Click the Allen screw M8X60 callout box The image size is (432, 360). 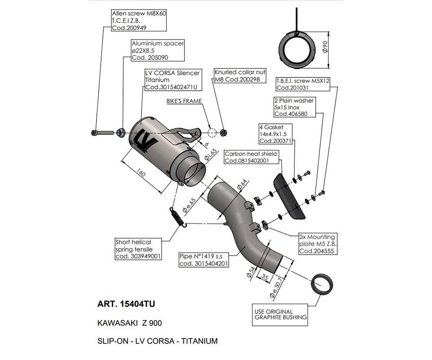pyautogui.click(x=139, y=21)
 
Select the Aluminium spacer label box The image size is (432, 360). pyautogui.click(x=158, y=50)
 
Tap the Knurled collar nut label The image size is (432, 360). pyautogui.click(x=237, y=76)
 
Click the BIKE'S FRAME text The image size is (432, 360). pyautogui.click(x=184, y=101)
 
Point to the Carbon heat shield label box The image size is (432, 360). pyautogui.click(x=251, y=157)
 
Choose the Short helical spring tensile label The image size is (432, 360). pyautogui.click(x=138, y=249)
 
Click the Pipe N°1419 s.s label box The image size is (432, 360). pyautogui.click(x=204, y=260)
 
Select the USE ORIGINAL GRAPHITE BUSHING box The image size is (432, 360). pyautogui.click(x=280, y=315)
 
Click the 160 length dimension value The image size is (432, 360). pyautogui.click(x=141, y=174)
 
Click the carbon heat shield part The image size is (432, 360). pyautogui.click(x=289, y=196)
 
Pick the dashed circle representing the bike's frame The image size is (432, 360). pyautogui.click(x=212, y=132)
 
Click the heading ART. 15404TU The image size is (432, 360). pyautogui.click(x=126, y=304)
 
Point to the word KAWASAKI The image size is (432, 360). pyautogui.click(x=117, y=323)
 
